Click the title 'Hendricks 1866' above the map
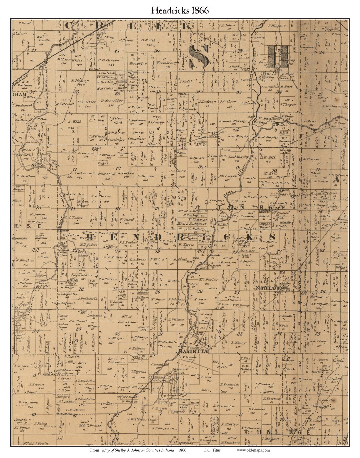(x=180, y=10)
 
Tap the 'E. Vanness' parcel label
(x=146, y=176)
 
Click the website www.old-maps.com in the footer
(x=253, y=450)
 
